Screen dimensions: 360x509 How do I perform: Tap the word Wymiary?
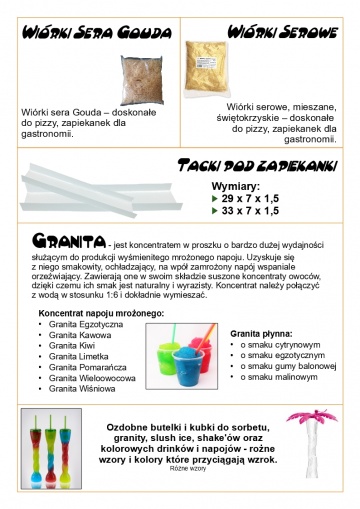tap(236, 185)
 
